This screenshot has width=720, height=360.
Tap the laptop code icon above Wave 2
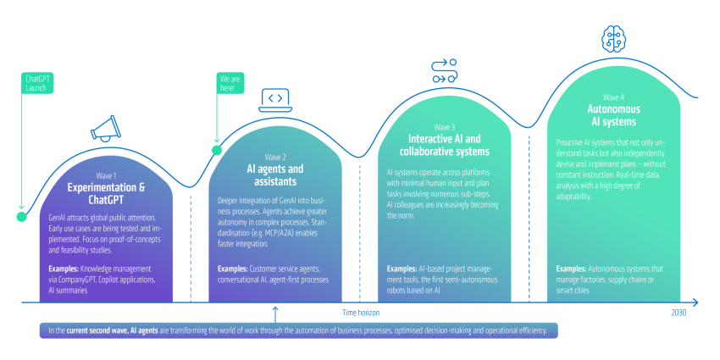[x=275, y=100]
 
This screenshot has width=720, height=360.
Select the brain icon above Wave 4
[x=614, y=37]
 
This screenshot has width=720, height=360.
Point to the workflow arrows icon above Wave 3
[x=444, y=70]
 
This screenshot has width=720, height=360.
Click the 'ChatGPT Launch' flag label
[x=37, y=83]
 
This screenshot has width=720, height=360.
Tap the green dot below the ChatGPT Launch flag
[x=21, y=217]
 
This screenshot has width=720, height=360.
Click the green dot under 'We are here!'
[x=217, y=150]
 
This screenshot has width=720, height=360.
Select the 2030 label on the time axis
[x=678, y=313]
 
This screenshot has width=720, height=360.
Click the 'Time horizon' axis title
[x=361, y=313]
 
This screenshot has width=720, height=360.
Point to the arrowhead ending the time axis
[x=695, y=302]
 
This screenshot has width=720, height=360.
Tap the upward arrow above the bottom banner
[x=275, y=314]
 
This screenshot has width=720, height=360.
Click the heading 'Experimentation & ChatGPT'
[x=107, y=194]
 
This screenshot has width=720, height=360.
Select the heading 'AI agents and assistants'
[x=275, y=175]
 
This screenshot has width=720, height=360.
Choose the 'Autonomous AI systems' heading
[x=613, y=115]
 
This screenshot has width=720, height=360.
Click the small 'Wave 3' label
[x=444, y=127]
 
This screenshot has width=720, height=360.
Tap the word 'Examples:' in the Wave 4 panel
[x=571, y=269]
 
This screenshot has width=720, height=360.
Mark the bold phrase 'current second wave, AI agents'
[x=112, y=330]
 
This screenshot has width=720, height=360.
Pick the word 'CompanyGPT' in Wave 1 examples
[x=76, y=280]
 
